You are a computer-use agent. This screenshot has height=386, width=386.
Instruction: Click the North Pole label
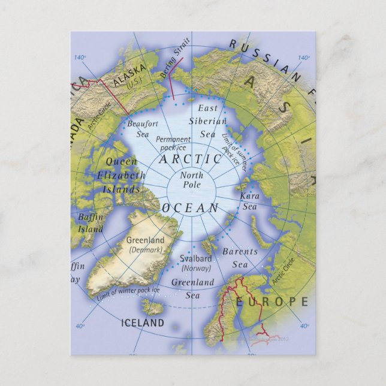click(191, 180)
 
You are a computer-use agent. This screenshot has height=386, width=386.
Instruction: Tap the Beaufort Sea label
click(143, 128)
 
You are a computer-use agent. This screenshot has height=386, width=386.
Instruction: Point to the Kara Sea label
click(249, 201)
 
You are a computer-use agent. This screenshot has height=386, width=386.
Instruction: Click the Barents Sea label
click(239, 258)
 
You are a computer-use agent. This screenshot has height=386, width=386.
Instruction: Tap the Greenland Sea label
click(192, 288)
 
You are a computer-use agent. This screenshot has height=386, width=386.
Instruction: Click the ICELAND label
click(143, 322)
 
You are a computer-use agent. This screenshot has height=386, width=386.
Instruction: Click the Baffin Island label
click(89, 222)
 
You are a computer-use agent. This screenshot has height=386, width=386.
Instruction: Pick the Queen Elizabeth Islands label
click(120, 175)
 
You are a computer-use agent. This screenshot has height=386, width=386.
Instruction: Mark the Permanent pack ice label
click(174, 143)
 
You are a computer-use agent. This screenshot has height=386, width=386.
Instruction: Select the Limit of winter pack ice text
click(128, 294)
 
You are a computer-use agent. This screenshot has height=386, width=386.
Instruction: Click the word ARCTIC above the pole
click(190, 159)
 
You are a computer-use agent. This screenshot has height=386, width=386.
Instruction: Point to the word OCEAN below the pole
click(191, 208)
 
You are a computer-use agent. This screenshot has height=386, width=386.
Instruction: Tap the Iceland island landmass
click(153, 307)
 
